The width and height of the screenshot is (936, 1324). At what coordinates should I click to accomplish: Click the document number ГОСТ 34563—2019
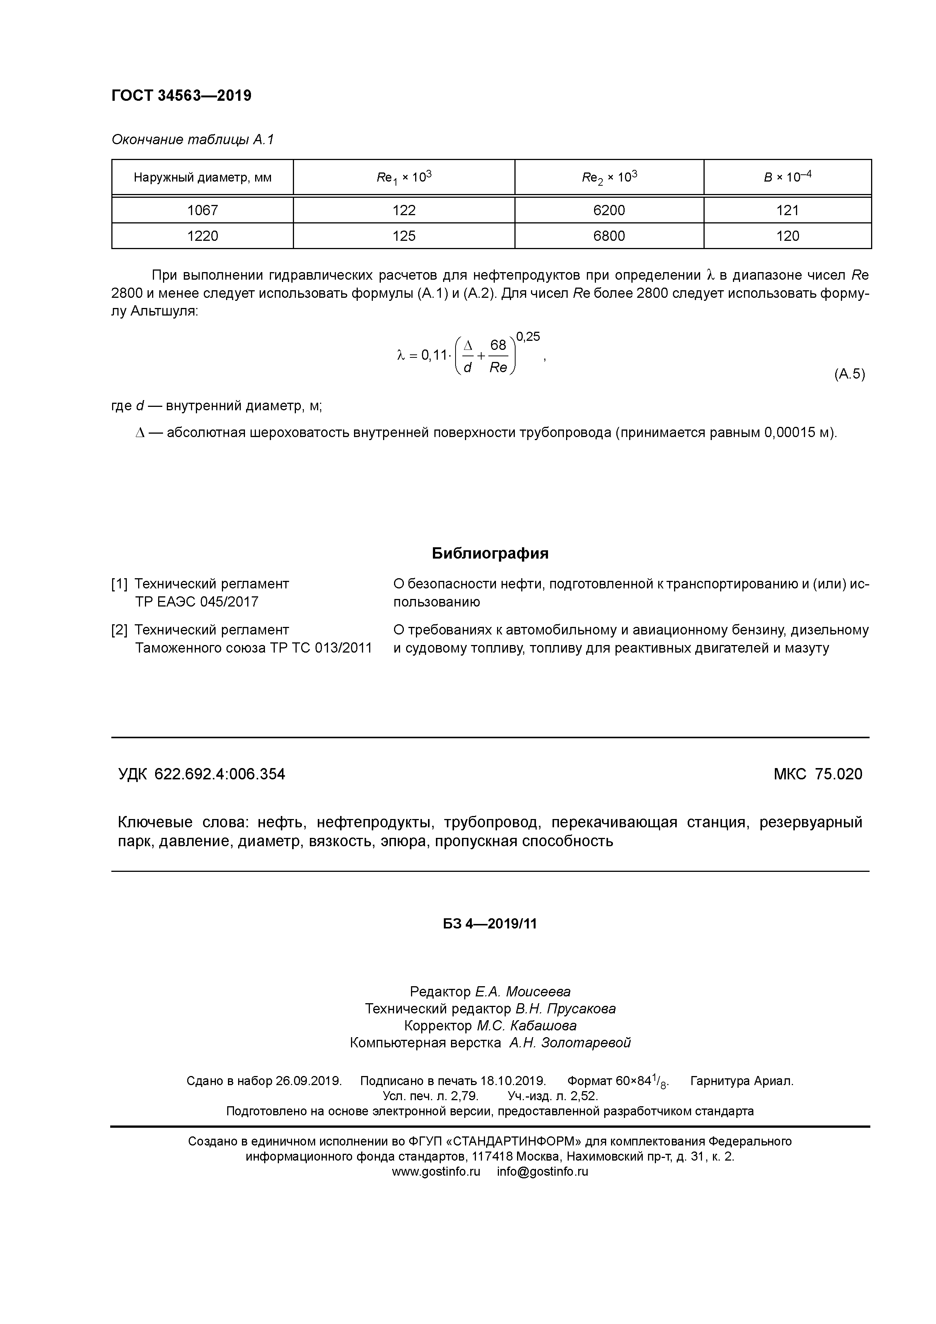point(181,96)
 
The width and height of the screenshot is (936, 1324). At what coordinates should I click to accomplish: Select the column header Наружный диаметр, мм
point(202,178)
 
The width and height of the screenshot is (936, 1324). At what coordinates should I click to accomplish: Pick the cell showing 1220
point(202,236)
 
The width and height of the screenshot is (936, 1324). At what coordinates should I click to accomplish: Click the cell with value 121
point(787,211)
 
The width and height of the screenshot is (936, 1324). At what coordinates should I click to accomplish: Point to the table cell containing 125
point(404,236)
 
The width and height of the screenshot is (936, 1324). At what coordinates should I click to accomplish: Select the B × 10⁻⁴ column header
point(787,177)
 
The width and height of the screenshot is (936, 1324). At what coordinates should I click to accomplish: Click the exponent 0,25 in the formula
point(528,337)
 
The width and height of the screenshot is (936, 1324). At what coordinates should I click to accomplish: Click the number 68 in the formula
point(498,345)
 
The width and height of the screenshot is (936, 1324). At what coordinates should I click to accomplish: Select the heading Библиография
point(490,554)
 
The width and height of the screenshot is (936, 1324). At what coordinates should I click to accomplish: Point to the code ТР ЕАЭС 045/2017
point(197,602)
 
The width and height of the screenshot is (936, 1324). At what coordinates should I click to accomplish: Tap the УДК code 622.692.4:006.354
point(219,774)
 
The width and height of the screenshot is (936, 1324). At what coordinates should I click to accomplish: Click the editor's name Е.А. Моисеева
point(522,992)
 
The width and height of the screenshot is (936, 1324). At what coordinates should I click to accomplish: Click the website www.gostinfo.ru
point(436,1172)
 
